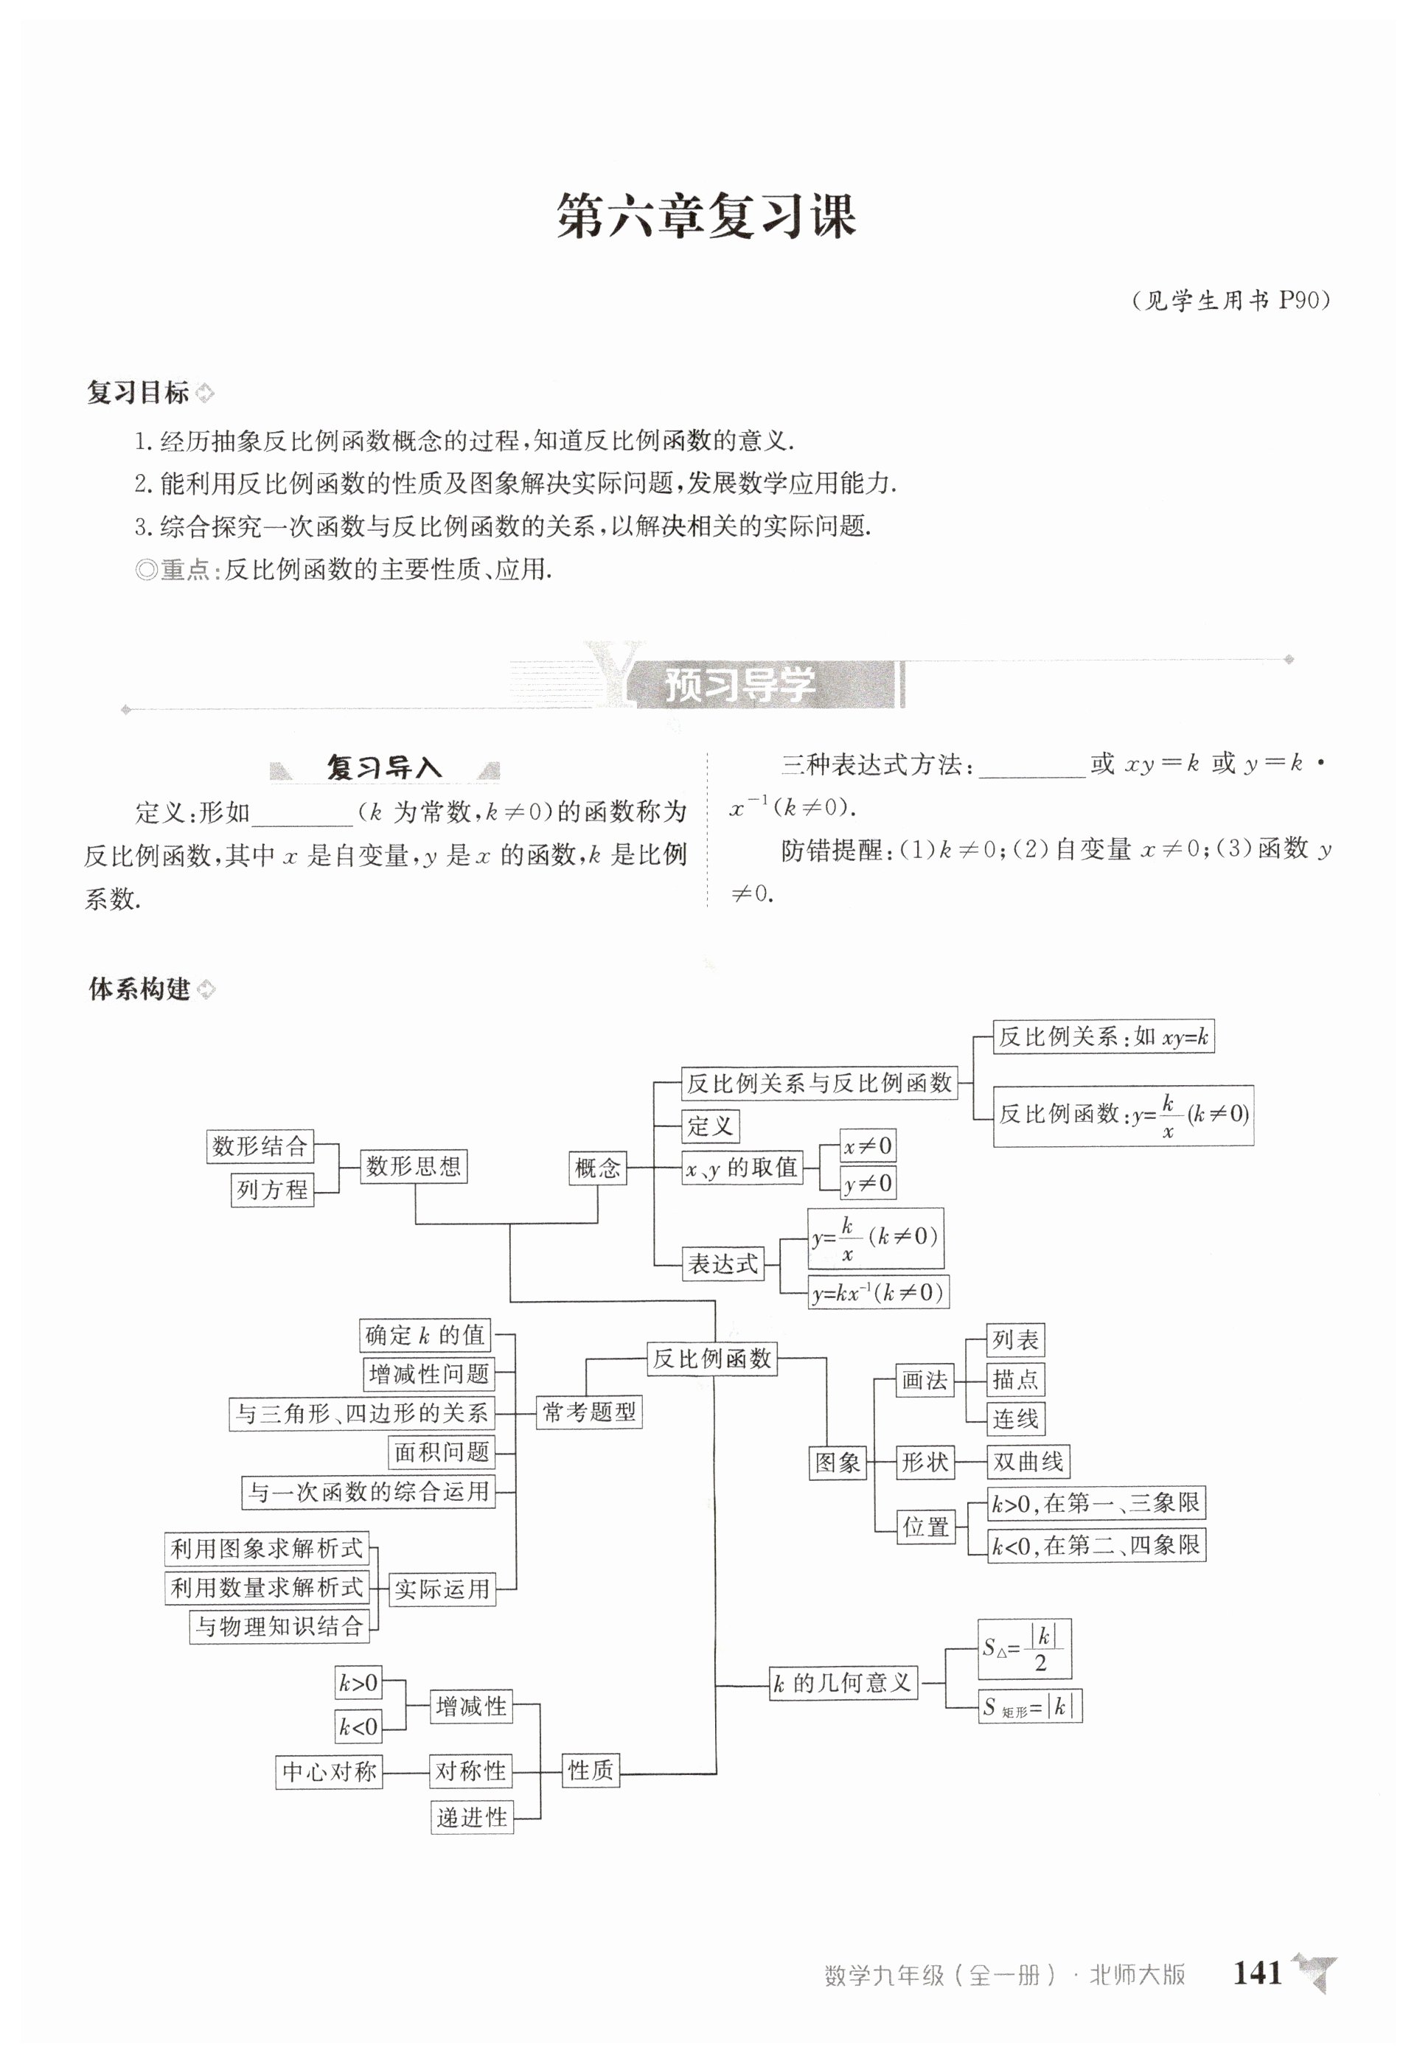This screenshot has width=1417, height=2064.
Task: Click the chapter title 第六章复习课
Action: coord(706,216)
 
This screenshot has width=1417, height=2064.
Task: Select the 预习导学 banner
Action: coord(739,684)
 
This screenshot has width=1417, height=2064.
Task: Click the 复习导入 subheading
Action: coord(384,767)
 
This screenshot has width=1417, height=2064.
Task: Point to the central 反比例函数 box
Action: coord(711,1359)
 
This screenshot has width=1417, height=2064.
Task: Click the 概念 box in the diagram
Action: coord(597,1168)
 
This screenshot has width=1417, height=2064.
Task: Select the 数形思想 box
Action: coord(414,1166)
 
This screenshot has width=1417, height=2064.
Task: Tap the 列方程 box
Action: coord(272,1189)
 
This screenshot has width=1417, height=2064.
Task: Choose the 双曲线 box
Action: coord(1028,1461)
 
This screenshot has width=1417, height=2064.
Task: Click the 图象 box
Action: coord(838,1462)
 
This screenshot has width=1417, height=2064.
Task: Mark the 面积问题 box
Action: coord(442,1452)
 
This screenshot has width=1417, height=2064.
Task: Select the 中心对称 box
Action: coord(330,1772)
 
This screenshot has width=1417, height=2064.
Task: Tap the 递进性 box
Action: coord(472,1817)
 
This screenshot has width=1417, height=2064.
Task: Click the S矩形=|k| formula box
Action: coord(1030,1706)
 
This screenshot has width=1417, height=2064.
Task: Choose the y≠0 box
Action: coord(868,1183)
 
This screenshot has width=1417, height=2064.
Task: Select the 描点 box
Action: coord(1015,1379)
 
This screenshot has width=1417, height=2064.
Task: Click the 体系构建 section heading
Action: coord(139,989)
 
